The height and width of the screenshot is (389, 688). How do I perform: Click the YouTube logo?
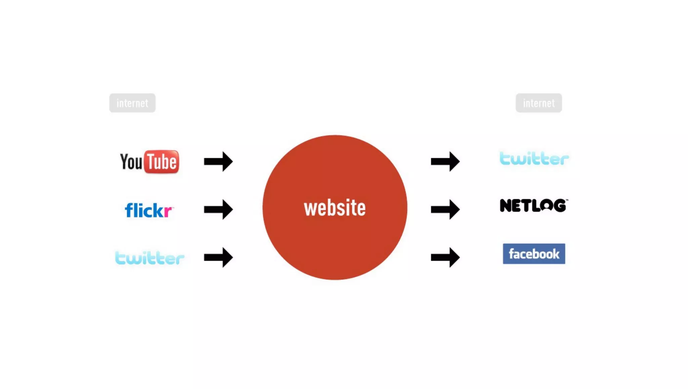[x=149, y=162]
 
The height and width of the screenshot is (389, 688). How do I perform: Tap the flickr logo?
[x=148, y=210]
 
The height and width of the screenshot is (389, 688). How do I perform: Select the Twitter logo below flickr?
[x=150, y=258]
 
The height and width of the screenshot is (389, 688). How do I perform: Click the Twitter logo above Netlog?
[x=534, y=158]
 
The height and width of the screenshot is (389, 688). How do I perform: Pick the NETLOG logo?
[x=533, y=205]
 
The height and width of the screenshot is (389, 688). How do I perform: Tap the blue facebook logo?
[x=534, y=254]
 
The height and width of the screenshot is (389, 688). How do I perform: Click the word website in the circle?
[x=335, y=208]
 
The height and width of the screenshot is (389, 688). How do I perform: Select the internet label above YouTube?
[x=132, y=103]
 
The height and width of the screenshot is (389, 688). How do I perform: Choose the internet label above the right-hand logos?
[x=539, y=103]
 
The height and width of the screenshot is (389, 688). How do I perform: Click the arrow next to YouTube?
[x=218, y=161]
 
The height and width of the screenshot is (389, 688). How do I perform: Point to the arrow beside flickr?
[x=218, y=209]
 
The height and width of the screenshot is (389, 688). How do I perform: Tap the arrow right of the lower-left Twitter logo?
[x=218, y=258]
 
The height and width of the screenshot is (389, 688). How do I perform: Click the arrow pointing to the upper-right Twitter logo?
[x=445, y=161]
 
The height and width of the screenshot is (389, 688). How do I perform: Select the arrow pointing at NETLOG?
[x=445, y=209]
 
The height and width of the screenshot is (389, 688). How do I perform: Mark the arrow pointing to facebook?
[x=445, y=258]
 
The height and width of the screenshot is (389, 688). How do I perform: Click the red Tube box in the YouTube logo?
[x=162, y=162]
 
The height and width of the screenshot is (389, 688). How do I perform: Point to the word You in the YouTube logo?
[x=131, y=162]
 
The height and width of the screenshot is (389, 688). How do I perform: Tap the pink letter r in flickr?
[x=167, y=212]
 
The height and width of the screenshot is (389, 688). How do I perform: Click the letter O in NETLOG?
[x=547, y=205]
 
